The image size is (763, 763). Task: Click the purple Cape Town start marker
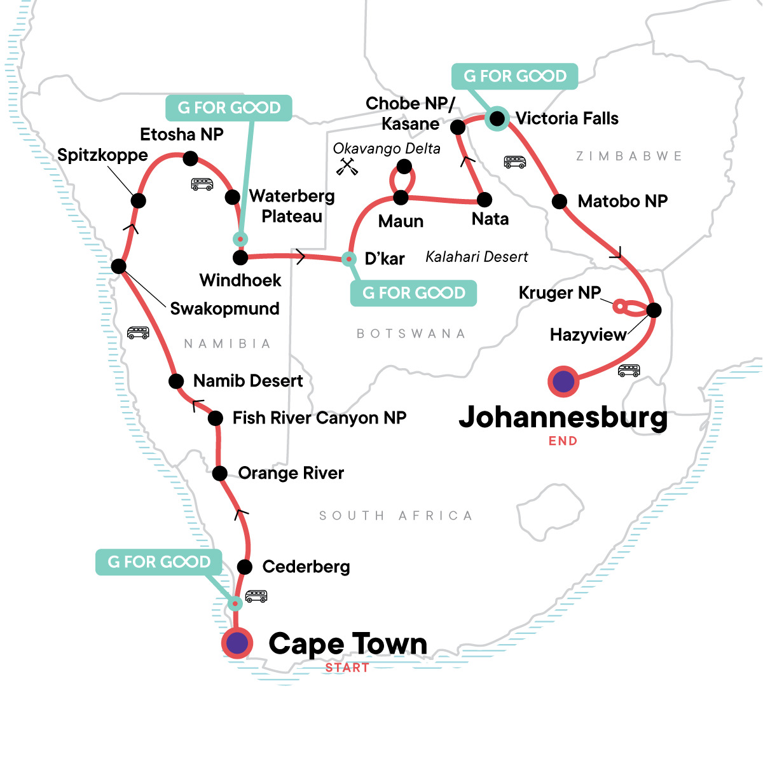(x=237, y=643)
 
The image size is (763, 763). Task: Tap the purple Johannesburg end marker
(x=563, y=381)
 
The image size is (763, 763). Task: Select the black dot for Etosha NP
(x=190, y=158)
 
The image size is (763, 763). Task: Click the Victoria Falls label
(x=567, y=118)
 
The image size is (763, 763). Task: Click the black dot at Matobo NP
(x=560, y=202)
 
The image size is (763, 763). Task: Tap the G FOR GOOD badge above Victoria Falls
(x=514, y=76)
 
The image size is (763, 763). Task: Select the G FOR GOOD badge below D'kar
(x=414, y=293)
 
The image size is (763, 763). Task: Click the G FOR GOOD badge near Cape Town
(x=159, y=562)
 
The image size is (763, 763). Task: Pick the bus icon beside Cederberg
(x=256, y=596)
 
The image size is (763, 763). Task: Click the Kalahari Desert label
(x=477, y=257)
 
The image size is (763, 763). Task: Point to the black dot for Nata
(x=485, y=200)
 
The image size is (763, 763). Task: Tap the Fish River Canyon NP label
(x=319, y=418)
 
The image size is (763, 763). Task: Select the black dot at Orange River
(x=219, y=473)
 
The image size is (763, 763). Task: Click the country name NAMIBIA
(x=228, y=344)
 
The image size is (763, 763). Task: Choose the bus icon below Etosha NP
(x=202, y=184)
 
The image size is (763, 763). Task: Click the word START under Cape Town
(x=347, y=668)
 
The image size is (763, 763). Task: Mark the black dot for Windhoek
(x=240, y=258)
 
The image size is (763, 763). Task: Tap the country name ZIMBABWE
(x=629, y=156)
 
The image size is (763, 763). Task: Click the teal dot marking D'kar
(x=348, y=259)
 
